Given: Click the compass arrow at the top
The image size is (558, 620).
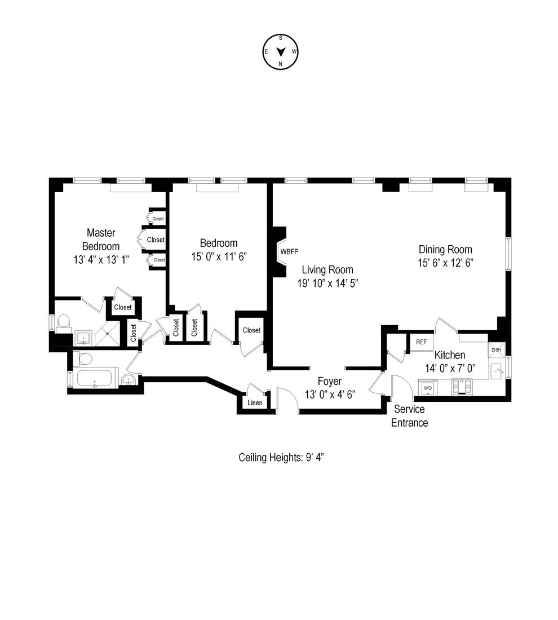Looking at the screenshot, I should tap(280, 51).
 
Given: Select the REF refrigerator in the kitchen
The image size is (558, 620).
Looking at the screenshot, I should tap(421, 342).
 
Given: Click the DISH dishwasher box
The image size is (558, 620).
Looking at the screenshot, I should tap(497, 350).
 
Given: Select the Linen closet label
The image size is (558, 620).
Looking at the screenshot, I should tap(255, 403).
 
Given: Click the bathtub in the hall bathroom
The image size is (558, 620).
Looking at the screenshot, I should tap(95, 379).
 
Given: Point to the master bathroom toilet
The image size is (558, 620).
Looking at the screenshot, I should tap(64, 321).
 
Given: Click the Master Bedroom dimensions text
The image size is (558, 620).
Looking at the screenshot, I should tap(101, 260).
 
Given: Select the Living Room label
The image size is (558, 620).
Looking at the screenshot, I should tap(327, 269).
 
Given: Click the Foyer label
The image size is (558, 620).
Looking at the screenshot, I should tap(330, 382).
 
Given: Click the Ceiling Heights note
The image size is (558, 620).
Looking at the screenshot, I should tap(281, 457).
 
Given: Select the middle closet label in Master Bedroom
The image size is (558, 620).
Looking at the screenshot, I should tap(156, 240).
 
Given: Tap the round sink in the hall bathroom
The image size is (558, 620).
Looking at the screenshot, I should tap(130, 379).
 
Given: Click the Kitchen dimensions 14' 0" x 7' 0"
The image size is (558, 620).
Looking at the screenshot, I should tap(451, 367).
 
